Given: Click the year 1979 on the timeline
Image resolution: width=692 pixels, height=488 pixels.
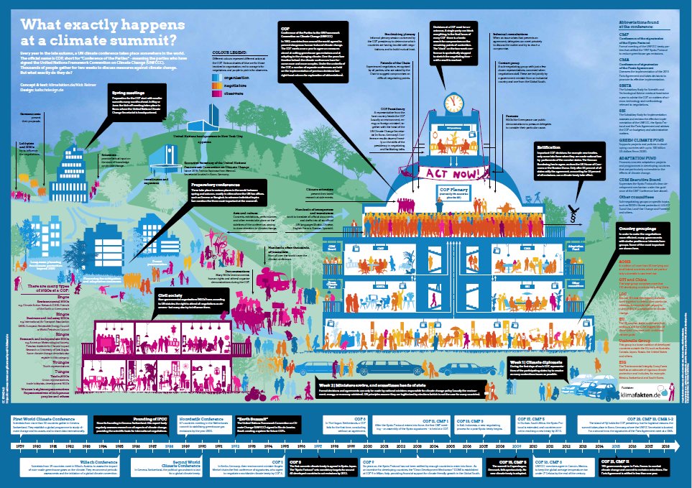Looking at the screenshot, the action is (x=20, y=446).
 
